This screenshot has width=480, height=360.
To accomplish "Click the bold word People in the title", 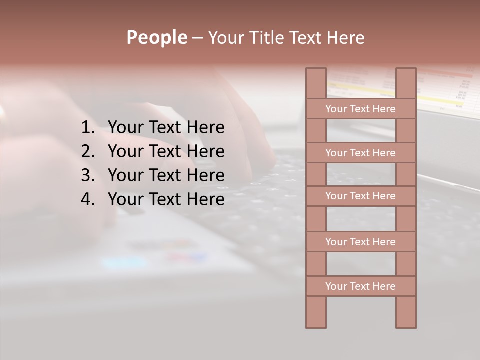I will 156,37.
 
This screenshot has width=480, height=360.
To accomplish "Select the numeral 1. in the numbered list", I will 88,128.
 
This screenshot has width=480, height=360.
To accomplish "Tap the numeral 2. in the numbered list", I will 88,151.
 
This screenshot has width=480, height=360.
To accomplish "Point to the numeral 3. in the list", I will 88,175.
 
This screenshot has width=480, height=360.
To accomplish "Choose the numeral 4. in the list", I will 88,199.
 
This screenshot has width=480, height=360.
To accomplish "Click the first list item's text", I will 166,128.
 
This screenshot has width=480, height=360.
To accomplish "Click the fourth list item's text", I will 166,199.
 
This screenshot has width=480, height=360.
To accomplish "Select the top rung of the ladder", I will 360,109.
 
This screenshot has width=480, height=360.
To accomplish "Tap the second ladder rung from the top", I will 360,153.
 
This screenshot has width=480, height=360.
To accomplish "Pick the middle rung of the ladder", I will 360,196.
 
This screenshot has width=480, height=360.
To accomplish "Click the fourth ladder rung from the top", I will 360,242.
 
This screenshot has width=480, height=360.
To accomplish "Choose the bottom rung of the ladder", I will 360,286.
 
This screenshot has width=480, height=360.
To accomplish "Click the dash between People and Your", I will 197,38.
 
